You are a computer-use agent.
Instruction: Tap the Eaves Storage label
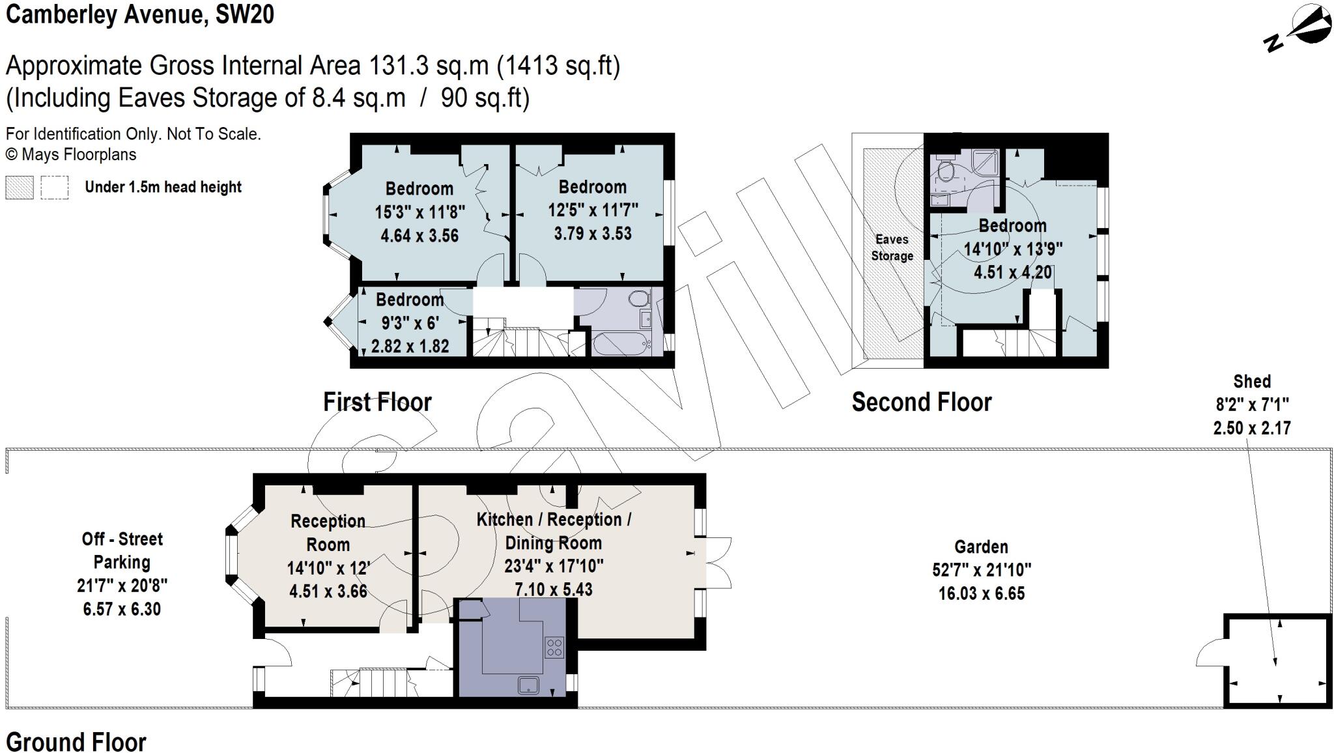tap(892, 248)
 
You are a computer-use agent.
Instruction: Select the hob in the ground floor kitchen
tap(554, 647)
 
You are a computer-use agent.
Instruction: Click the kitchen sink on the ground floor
tap(528, 685)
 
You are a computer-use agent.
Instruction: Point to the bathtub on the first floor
tap(620, 343)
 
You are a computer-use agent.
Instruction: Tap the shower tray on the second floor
tap(986, 162)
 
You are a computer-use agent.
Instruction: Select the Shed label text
tap(1251, 381)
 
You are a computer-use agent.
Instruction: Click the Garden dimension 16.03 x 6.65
tap(981, 593)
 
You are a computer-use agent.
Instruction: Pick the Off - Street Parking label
tap(122, 550)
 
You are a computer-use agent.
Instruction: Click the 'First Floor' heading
tap(377, 402)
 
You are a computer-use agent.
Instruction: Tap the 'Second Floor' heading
tap(921, 402)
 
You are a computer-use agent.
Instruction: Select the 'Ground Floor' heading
tap(76, 741)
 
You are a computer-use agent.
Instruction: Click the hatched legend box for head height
tap(19, 188)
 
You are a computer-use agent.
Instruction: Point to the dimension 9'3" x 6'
tap(410, 322)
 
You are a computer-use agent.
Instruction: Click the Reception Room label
tap(328, 532)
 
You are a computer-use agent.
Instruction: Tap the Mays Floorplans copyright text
tap(71, 155)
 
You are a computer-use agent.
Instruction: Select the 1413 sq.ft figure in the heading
tap(558, 66)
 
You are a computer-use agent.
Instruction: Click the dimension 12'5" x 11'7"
tap(592, 210)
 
